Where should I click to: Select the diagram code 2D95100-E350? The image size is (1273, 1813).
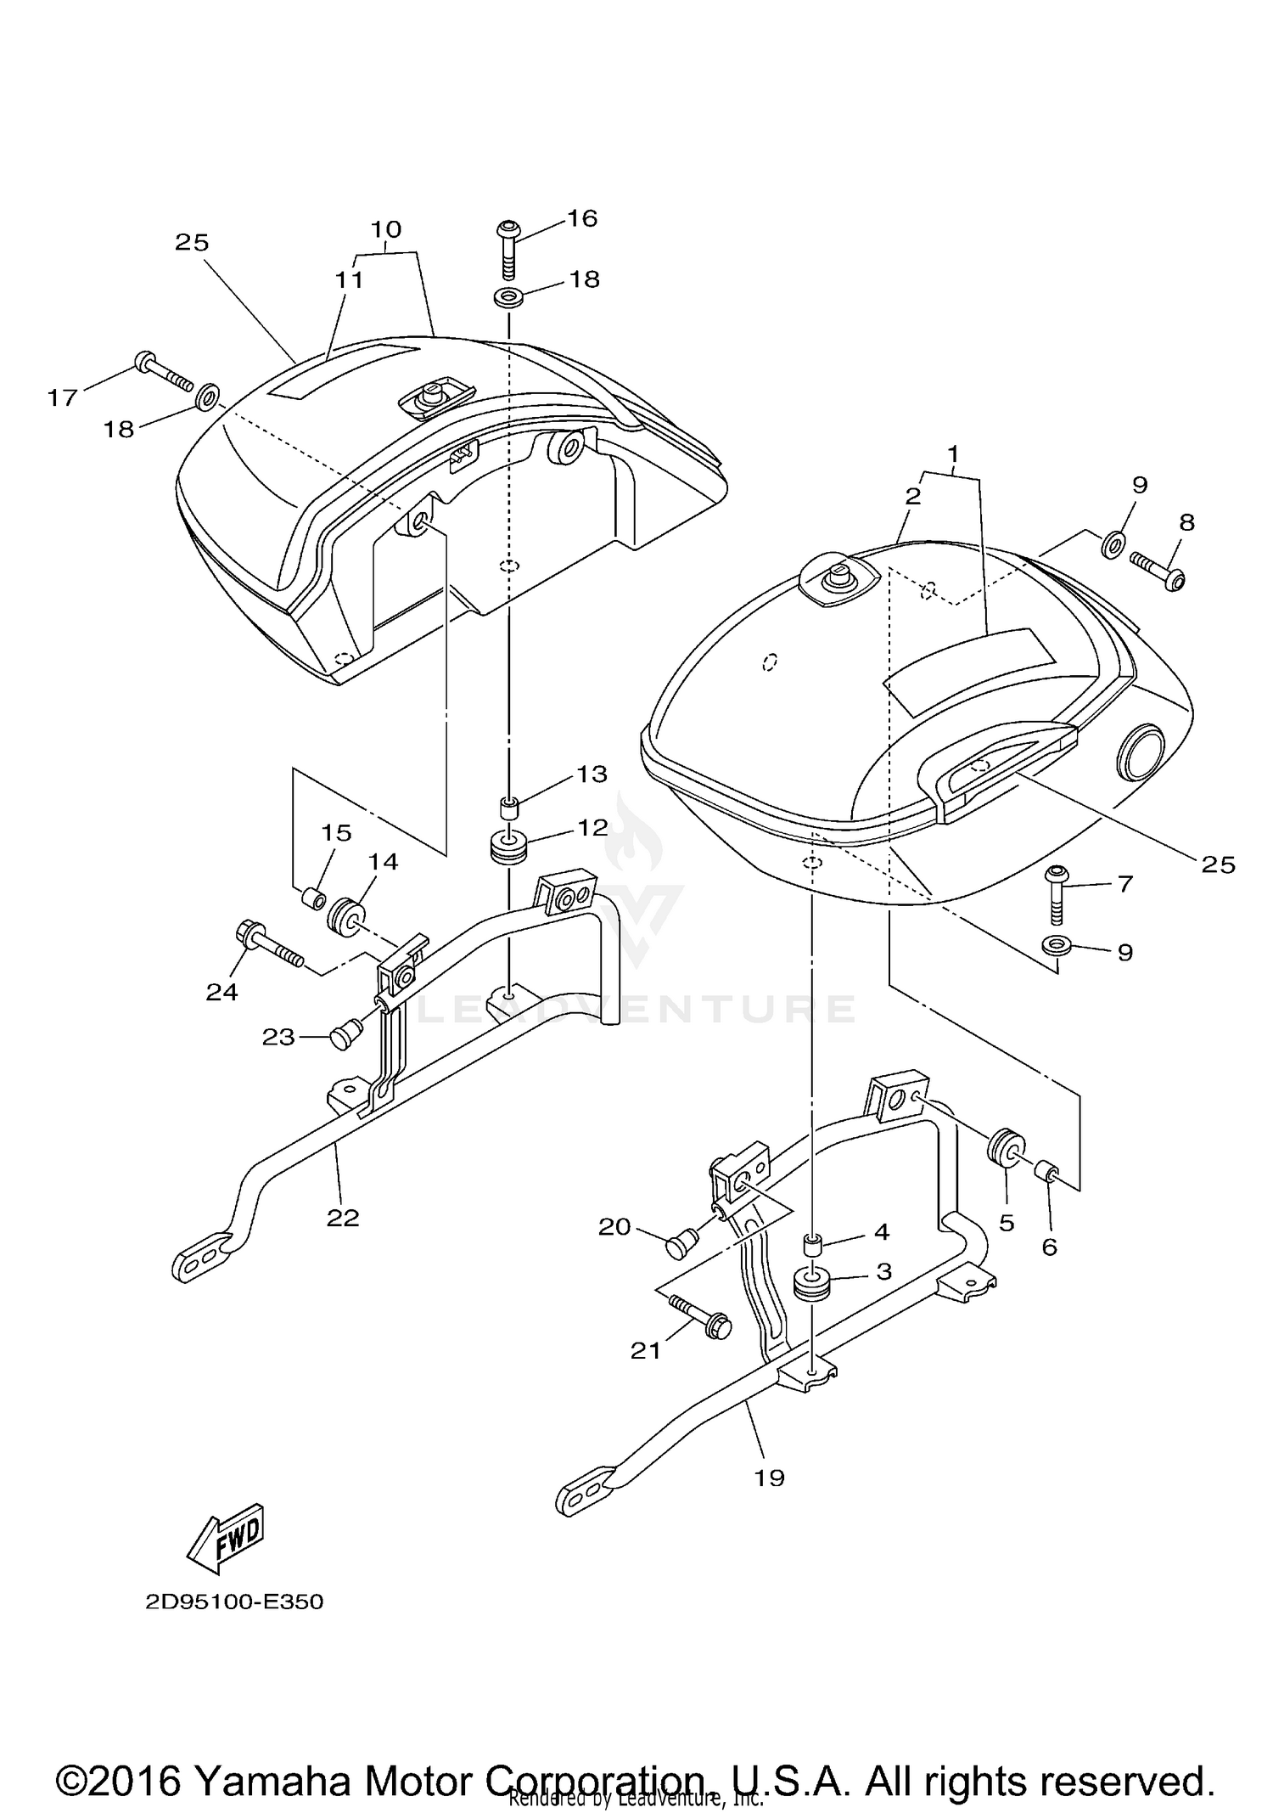(x=234, y=1602)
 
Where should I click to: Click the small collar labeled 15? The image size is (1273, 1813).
(x=312, y=898)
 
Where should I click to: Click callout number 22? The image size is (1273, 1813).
(x=343, y=1218)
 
